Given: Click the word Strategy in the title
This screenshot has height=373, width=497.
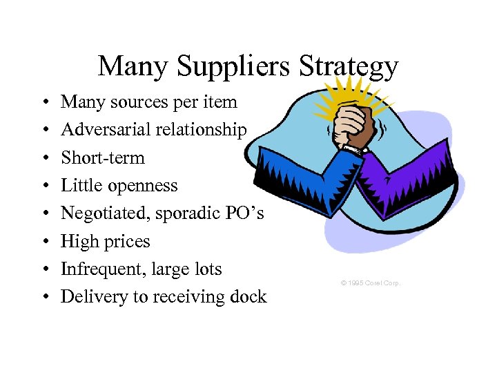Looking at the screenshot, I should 349,67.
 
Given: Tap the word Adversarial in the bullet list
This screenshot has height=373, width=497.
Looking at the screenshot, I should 104,130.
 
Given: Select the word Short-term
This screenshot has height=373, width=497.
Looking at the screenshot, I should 103,157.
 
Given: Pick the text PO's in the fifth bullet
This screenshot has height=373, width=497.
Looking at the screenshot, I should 244,213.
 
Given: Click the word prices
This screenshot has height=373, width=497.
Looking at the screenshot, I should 127,241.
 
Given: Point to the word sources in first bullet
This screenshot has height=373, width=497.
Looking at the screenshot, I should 137,102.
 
